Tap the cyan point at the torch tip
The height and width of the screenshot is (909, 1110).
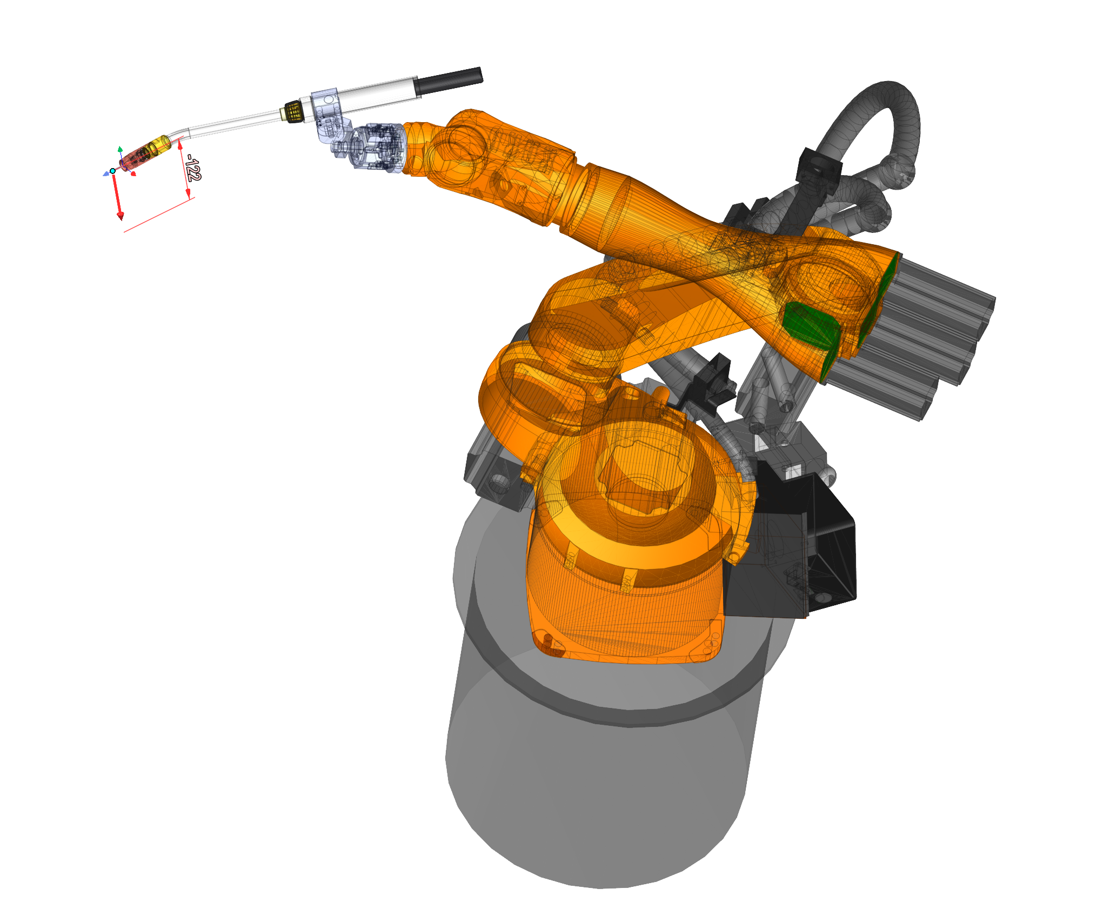pyautogui.click(x=112, y=171)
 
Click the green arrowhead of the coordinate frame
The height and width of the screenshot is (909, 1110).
pyautogui.click(x=120, y=149)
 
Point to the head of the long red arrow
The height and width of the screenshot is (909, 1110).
pyautogui.click(x=120, y=216)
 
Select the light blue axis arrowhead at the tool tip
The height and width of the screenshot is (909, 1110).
pyautogui.click(x=105, y=174)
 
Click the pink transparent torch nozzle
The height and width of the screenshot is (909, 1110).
pyautogui.click(x=137, y=157)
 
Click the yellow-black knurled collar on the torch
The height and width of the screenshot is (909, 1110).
pyautogui.click(x=293, y=111)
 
